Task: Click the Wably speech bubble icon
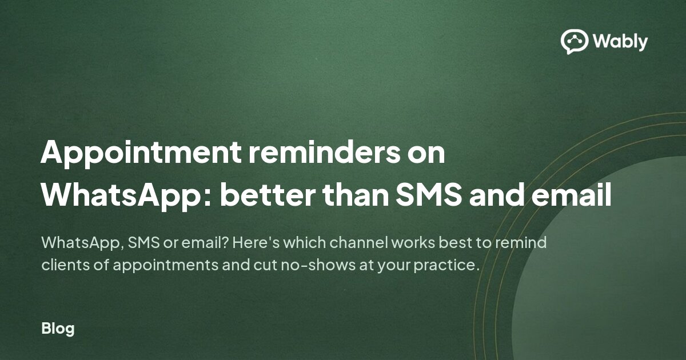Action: (x=574, y=41)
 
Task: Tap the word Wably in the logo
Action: (x=620, y=41)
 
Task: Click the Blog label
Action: (x=58, y=329)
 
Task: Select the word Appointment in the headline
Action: (x=141, y=153)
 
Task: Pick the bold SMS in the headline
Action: (x=428, y=195)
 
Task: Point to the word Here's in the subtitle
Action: (x=256, y=242)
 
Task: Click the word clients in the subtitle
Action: (x=66, y=265)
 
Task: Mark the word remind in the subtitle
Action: (x=521, y=242)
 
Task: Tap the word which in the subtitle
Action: (x=304, y=242)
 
